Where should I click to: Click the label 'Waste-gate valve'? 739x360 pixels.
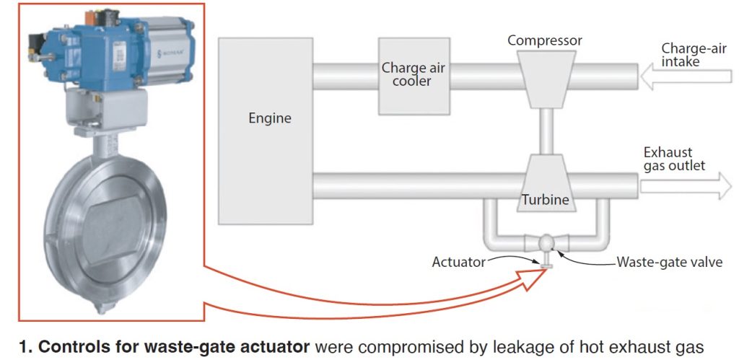[x=668, y=263]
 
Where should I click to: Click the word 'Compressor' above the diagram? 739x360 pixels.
[x=545, y=40]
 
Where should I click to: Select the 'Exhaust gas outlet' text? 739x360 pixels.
[x=674, y=159]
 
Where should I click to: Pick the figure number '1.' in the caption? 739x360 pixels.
[x=26, y=346]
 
